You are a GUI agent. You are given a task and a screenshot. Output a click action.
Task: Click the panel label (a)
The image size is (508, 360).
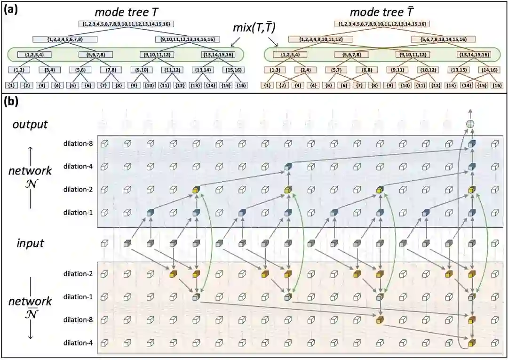tap(10, 10)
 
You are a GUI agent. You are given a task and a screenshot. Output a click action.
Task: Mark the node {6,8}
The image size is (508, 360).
tap(366, 70)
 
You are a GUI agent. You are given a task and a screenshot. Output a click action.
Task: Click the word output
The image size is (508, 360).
tap(31, 124)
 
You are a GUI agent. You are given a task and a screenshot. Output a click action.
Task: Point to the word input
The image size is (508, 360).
tap(31, 243)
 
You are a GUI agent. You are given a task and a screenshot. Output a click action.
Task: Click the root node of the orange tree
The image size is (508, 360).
tap(382, 24)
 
